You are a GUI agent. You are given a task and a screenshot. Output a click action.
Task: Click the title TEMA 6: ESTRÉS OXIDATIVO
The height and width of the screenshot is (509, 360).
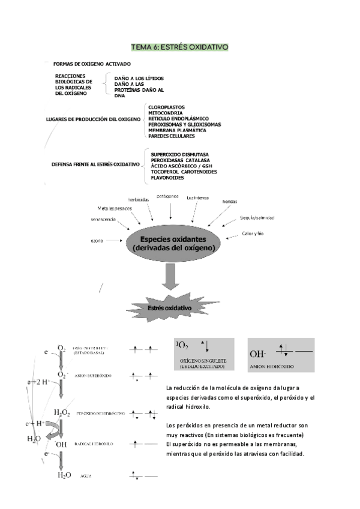tap(179, 46)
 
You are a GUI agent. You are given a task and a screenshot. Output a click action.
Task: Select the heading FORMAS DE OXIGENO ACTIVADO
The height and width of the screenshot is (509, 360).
tap(92, 64)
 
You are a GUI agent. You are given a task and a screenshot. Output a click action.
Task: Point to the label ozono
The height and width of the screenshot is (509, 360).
tap(97, 240)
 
